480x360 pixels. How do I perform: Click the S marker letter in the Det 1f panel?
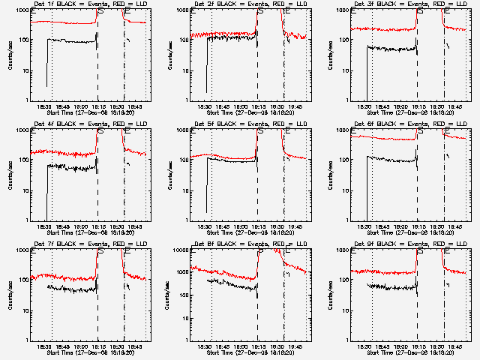[100, 11]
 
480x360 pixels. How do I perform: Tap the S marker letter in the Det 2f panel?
[260, 11]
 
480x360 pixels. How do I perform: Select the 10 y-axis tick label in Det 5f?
[184, 190]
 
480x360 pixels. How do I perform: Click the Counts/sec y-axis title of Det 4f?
[9, 175]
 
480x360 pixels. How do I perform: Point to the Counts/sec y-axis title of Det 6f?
[328, 175]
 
